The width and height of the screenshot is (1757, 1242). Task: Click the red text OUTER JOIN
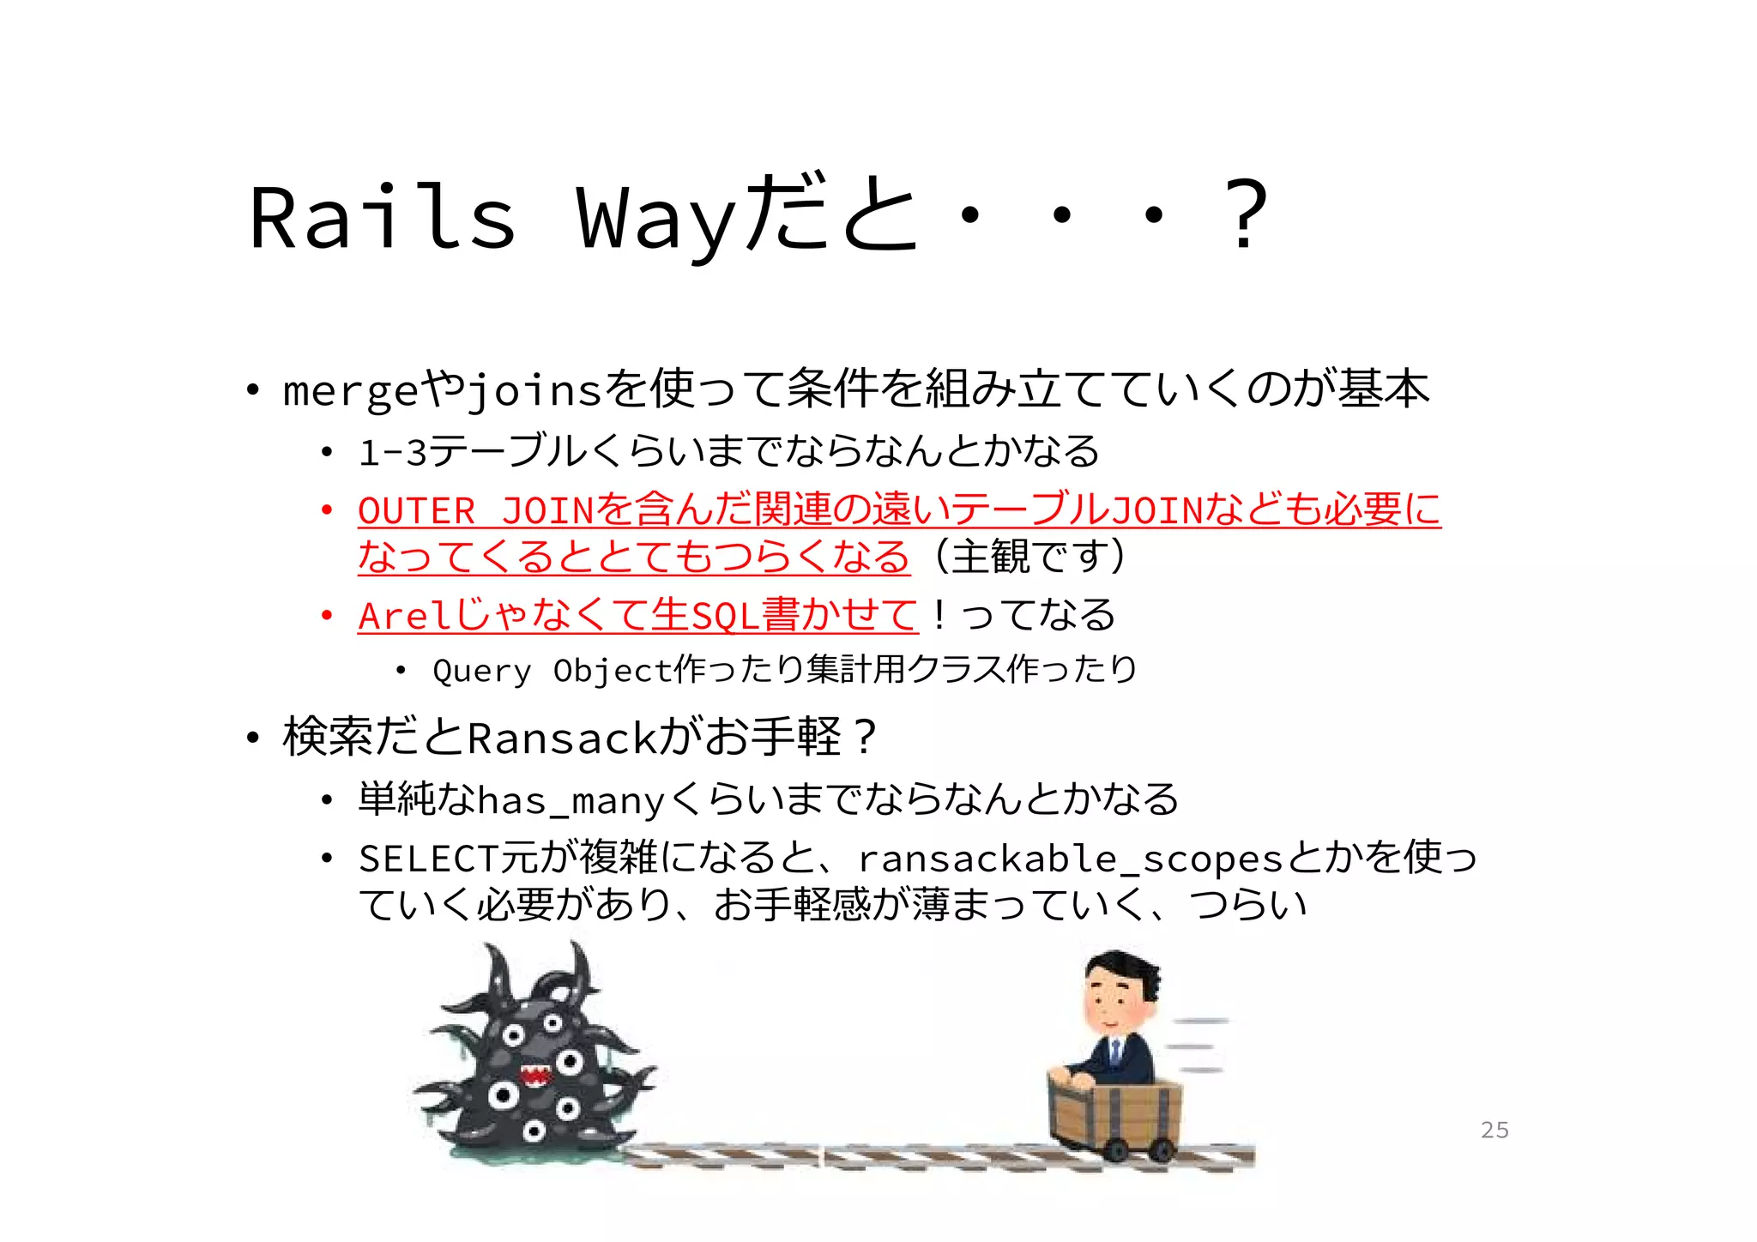(475, 511)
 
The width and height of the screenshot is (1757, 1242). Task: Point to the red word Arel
(404, 616)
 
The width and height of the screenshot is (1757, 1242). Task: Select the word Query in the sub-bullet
(481, 671)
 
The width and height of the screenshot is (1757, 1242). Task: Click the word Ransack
(562, 739)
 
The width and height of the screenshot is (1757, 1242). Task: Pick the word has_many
(571, 801)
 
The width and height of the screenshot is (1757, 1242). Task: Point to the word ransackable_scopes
(1069, 859)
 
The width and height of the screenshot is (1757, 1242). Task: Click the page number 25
(1494, 1130)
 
